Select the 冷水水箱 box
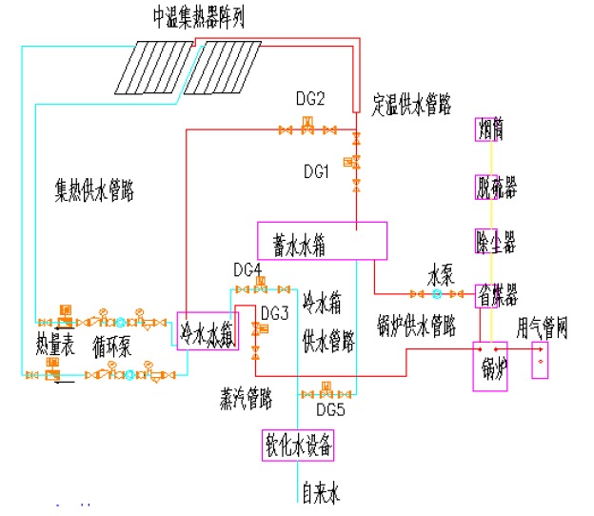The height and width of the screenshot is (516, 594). (x=207, y=330)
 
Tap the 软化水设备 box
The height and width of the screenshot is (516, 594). (x=299, y=444)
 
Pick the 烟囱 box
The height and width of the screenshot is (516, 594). (x=489, y=129)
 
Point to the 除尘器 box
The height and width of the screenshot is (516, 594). (x=494, y=240)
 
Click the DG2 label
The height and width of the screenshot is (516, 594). (x=310, y=99)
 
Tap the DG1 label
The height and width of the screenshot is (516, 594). (x=316, y=172)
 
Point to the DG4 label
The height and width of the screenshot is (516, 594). (x=247, y=269)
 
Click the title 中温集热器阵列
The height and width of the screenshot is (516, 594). (x=199, y=18)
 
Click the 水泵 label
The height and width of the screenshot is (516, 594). (x=439, y=278)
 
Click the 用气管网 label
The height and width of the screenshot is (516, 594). (x=542, y=329)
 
